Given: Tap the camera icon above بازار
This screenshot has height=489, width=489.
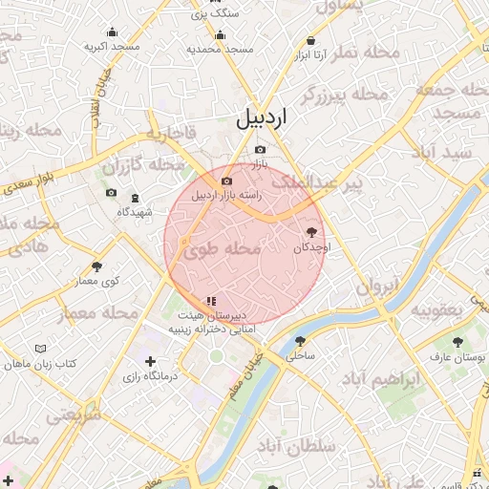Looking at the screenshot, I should click(x=261, y=150).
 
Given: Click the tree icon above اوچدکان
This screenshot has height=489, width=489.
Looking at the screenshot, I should click(x=312, y=231).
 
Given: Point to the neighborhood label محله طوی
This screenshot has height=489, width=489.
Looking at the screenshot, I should click(x=222, y=250).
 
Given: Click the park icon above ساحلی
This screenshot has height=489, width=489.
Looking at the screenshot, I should click(x=300, y=341).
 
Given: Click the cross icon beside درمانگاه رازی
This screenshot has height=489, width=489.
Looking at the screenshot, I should click(x=150, y=361).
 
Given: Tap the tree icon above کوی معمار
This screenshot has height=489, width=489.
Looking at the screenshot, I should click(x=96, y=266).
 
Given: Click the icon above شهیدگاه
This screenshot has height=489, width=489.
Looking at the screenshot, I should click(x=135, y=198).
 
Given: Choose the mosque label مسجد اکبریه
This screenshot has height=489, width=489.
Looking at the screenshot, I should click(x=112, y=46).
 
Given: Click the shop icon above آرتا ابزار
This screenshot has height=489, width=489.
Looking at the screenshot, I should click(x=312, y=41).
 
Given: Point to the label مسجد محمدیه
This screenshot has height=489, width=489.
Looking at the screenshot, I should click(x=220, y=49).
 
